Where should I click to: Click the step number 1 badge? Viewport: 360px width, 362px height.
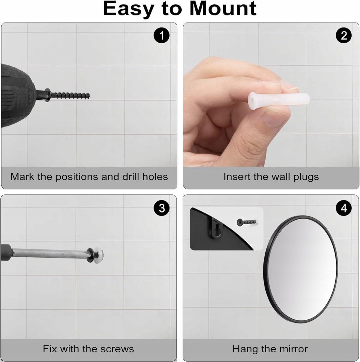[x=162, y=36]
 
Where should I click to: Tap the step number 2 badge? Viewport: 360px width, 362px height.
[x=344, y=36]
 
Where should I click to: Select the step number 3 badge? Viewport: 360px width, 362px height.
[x=162, y=208]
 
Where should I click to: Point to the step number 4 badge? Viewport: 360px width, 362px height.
[x=344, y=208]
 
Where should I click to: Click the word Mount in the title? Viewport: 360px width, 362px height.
[x=223, y=9]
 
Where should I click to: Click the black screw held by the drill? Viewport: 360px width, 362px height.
[x=67, y=95]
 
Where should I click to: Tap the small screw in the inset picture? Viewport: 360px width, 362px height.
[x=247, y=222]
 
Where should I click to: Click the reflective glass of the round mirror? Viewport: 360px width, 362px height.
[x=300, y=269]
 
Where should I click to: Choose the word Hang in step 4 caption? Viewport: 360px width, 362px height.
[x=242, y=349]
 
